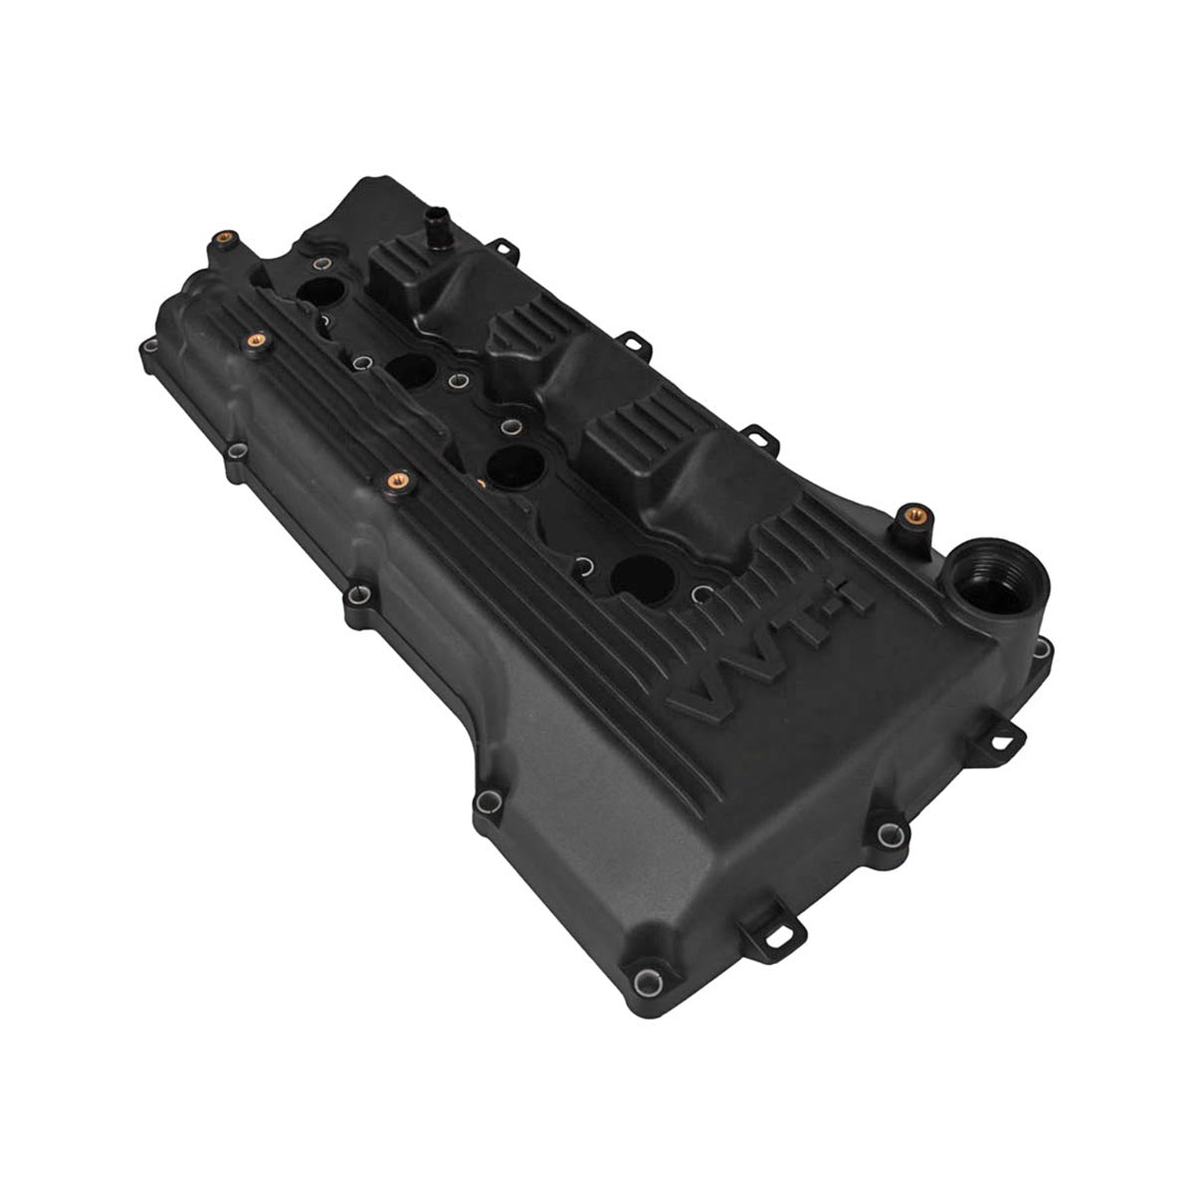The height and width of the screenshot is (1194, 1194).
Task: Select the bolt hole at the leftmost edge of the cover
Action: coord(148,346)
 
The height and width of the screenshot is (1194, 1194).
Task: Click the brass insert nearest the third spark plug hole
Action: coord(393,480)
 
